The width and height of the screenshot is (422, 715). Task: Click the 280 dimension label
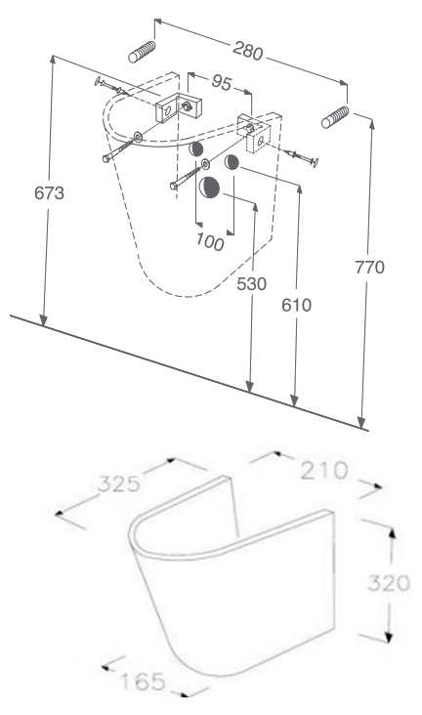tap(248, 50)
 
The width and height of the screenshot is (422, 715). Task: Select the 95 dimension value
tap(222, 82)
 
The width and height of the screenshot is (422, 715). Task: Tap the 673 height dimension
tap(49, 192)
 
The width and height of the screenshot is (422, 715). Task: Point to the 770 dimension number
tap(369, 267)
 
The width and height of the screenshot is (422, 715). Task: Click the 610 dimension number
tap(297, 305)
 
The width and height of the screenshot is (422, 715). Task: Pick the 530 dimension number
tap(251, 283)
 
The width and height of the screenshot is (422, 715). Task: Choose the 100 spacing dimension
tap(210, 241)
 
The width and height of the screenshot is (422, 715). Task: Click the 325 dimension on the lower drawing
tap(119, 484)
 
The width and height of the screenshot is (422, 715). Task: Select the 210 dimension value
tap(324, 471)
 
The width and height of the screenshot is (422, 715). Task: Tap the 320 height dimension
tap(388, 583)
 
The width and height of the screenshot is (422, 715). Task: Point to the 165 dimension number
tap(143, 682)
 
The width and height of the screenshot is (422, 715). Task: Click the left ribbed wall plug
tap(142, 52)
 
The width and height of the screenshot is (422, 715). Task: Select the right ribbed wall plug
tap(335, 117)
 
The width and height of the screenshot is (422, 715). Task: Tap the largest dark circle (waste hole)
tap(209, 187)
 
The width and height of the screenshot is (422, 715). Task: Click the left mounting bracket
tap(180, 107)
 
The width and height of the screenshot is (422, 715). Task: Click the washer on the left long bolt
tap(138, 136)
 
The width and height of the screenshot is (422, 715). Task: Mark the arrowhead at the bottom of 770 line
tap(361, 423)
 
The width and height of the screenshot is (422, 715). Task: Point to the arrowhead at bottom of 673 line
tap(43, 320)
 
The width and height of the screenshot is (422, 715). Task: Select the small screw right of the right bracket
tap(301, 156)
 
